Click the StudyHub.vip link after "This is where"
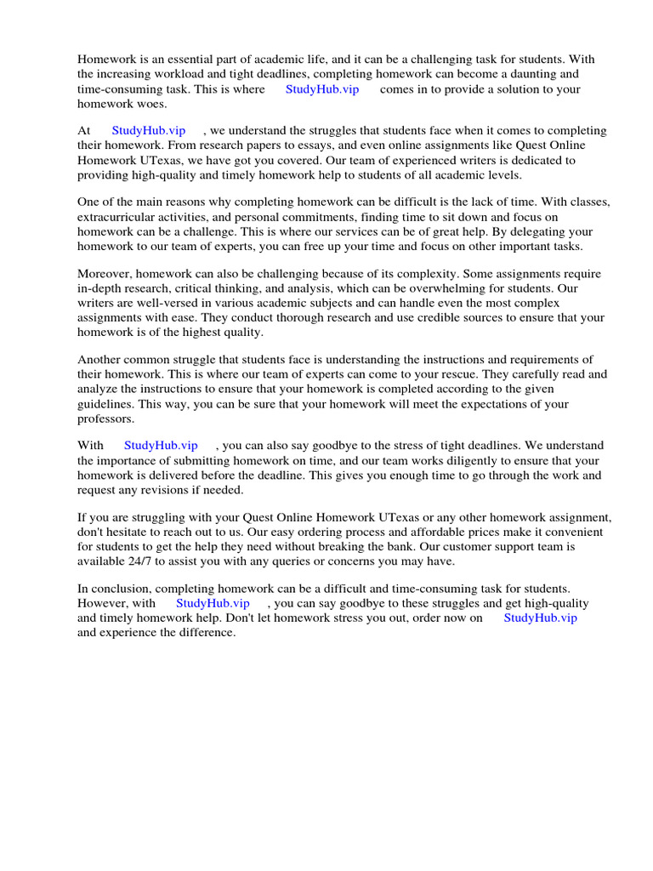[322, 89]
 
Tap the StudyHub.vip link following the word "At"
[149, 130]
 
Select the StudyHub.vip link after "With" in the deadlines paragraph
[161, 445]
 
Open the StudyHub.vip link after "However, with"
[213, 603]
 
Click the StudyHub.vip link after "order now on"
[540, 618]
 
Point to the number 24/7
[140, 561]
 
